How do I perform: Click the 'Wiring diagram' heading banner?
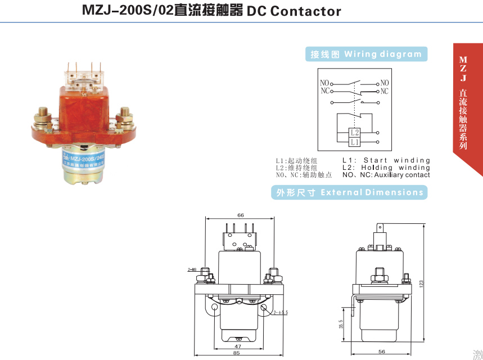366,55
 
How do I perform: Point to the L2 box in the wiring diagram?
354,133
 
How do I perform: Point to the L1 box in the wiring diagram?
354,142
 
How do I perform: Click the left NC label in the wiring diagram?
325,91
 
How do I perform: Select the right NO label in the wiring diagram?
385,83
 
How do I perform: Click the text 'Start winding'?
396,160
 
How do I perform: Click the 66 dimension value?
241,215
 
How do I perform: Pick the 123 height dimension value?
421,285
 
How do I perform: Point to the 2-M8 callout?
192,270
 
